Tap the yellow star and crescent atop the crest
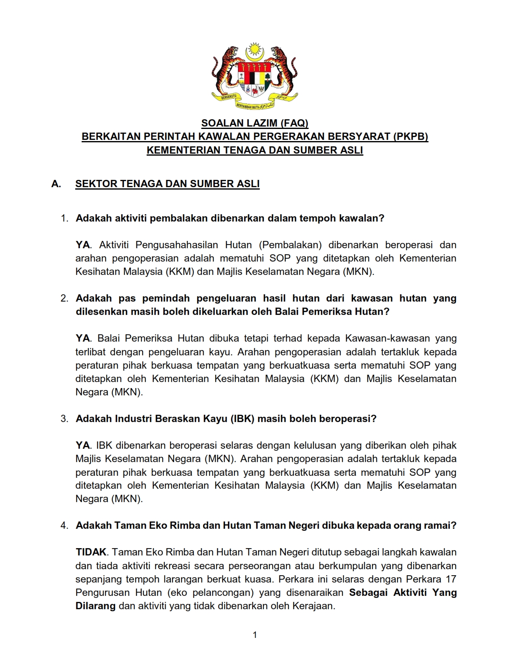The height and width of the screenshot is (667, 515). pos(254,51)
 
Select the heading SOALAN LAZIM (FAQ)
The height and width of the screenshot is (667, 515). pos(254,123)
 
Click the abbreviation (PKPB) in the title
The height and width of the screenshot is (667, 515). pos(410,137)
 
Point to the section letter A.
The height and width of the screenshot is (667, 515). pos(56,184)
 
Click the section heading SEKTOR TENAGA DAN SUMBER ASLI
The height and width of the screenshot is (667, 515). pos(167,184)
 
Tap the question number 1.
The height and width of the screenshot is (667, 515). pos(64,218)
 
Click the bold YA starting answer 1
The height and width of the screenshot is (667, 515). pos(83,245)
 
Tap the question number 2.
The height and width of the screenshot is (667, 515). pos(64,298)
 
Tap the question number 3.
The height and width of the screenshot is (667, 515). pos(64,419)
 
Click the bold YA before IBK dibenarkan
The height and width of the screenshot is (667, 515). pos(83,445)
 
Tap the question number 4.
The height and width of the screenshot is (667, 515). pos(64,526)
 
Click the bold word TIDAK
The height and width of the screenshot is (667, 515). pos(91,552)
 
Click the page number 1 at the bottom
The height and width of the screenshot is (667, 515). pos(255,635)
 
